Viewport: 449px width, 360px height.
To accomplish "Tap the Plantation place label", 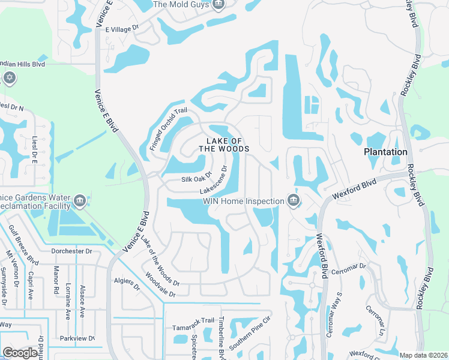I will click(385, 152).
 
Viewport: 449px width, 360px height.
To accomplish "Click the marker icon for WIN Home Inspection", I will click(293, 200).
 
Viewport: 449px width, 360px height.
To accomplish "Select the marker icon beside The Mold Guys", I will click(218, 5).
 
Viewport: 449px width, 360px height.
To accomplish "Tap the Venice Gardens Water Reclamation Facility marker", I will click(79, 200).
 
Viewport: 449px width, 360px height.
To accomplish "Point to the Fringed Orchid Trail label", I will click(169, 128).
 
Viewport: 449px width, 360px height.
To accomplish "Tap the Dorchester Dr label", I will click(71, 251).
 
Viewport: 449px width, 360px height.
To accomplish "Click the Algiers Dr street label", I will click(127, 284).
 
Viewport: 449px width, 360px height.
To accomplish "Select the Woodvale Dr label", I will click(160, 286).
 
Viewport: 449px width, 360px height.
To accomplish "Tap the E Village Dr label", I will click(122, 28).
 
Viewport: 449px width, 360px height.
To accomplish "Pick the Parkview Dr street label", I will click(77, 338).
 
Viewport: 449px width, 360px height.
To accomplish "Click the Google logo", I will click(20, 353).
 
